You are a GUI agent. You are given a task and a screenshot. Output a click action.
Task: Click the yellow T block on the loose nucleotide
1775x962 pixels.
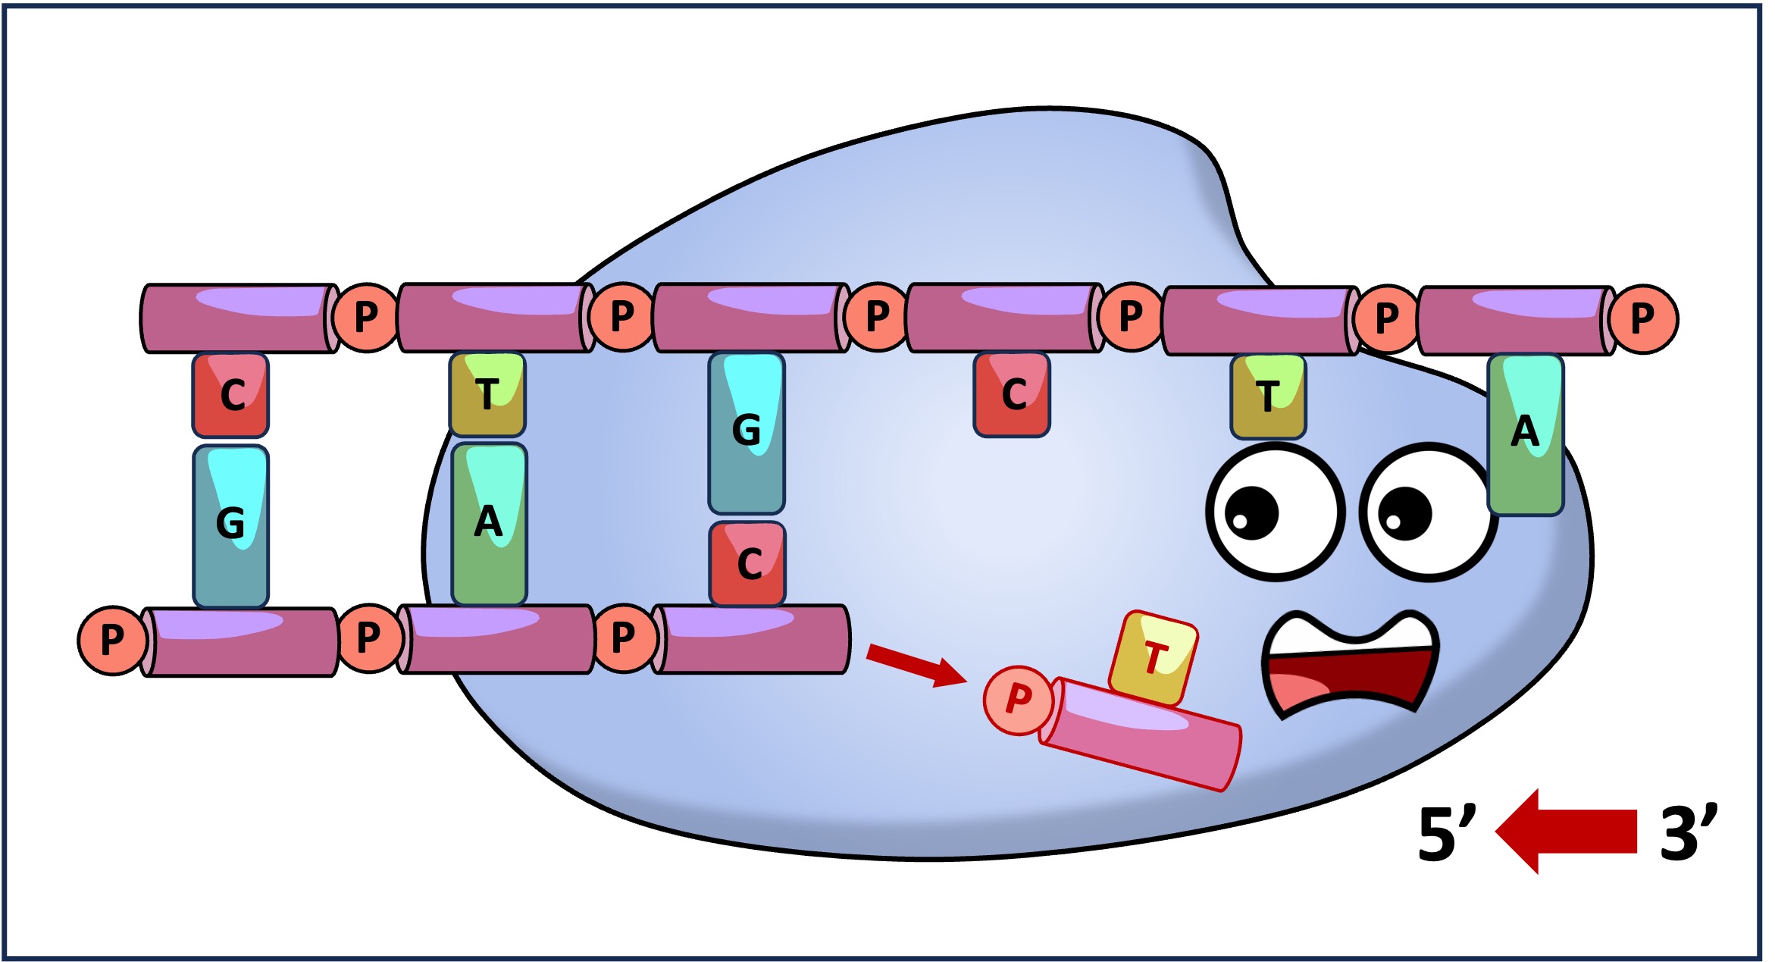(x=1153, y=656)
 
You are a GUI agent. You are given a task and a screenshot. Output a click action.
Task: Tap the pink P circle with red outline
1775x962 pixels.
(x=1018, y=700)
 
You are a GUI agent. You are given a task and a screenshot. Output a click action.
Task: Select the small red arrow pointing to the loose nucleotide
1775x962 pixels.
(x=916, y=665)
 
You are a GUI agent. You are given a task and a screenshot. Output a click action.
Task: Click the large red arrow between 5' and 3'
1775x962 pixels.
(x=1564, y=832)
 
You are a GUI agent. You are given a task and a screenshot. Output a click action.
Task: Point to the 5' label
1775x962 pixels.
(x=1446, y=833)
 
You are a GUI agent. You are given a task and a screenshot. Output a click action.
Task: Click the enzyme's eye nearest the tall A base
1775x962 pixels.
(x=1428, y=512)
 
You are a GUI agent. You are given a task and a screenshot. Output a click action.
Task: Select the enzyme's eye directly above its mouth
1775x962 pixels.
(x=1275, y=512)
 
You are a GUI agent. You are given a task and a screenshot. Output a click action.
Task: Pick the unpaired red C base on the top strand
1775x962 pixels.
(x=1011, y=395)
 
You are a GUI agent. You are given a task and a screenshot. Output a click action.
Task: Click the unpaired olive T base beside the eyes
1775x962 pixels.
(x=1267, y=396)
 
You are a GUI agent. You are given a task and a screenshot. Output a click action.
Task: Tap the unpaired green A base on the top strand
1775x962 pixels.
(x=1525, y=434)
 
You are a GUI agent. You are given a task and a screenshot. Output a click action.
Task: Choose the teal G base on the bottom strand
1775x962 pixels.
(x=230, y=525)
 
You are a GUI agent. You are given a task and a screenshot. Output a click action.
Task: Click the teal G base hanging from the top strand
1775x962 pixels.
(x=746, y=433)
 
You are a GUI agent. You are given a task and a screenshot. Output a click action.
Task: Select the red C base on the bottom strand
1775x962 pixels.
(x=747, y=563)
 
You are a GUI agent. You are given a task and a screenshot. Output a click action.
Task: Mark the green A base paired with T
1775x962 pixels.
(x=489, y=524)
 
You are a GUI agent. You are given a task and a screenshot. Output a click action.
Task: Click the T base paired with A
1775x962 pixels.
(x=487, y=395)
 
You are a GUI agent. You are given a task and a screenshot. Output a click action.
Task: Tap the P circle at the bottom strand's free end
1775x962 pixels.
(x=111, y=640)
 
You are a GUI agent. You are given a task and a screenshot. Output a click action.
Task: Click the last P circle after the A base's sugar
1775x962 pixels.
(x=1642, y=319)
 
